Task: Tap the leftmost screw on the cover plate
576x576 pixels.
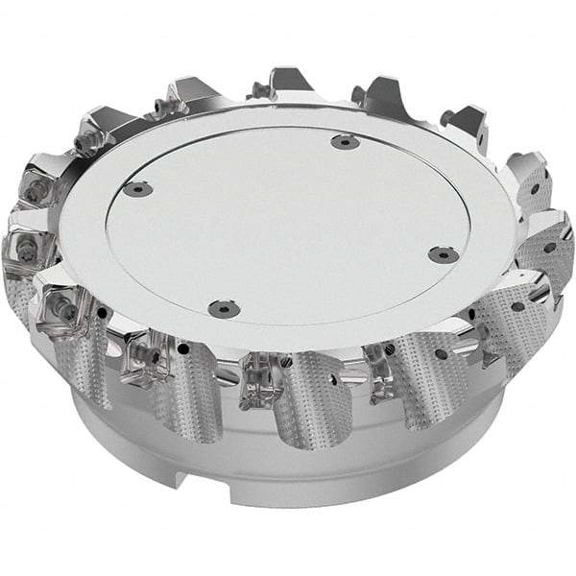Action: [140, 189]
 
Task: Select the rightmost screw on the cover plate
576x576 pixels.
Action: [441, 254]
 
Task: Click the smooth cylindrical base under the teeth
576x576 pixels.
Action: [288, 470]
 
